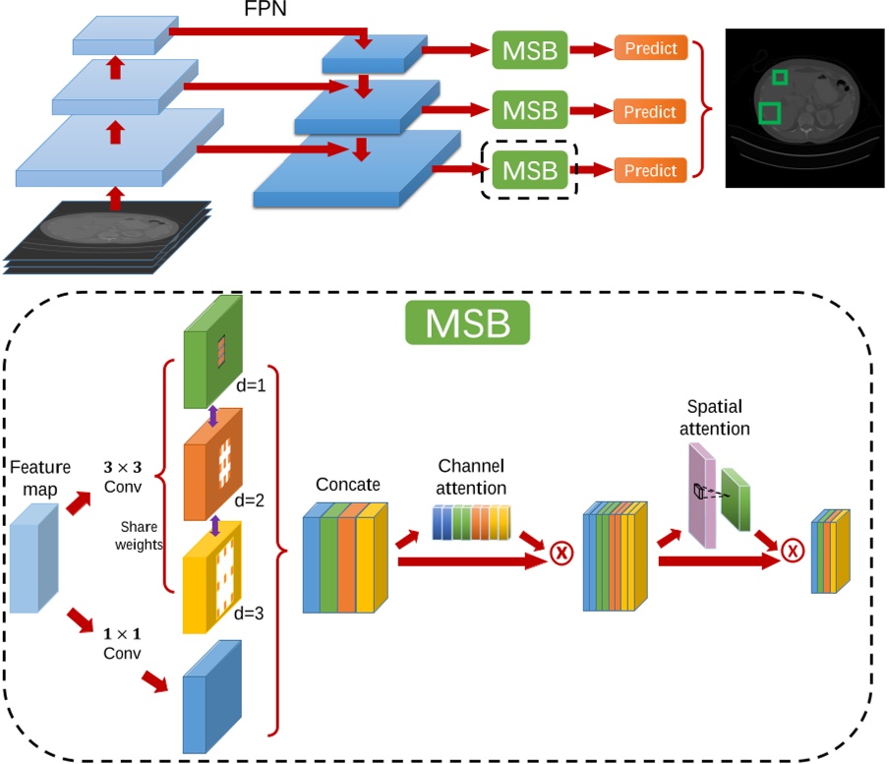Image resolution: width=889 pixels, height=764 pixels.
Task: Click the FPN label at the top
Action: click(x=265, y=8)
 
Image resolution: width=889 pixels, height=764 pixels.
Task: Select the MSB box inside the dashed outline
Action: click(x=529, y=170)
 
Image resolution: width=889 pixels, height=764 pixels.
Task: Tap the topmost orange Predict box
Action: click(x=651, y=48)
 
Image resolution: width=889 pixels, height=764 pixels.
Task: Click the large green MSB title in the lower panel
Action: click(x=468, y=323)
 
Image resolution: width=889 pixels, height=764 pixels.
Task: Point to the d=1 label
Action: click(x=251, y=385)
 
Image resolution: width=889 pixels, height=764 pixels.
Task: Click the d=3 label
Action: click(x=249, y=614)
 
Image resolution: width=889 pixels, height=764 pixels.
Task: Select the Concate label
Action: click(x=347, y=485)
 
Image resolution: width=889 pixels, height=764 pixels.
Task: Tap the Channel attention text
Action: click(x=471, y=477)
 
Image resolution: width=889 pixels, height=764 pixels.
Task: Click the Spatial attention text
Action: click(x=714, y=417)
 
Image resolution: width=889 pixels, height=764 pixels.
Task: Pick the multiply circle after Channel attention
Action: click(x=562, y=552)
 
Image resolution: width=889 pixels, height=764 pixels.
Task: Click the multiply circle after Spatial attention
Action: click(x=792, y=551)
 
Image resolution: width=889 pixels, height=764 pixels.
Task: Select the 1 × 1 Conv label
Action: click(x=122, y=643)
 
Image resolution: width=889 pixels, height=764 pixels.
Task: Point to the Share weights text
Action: click(x=139, y=536)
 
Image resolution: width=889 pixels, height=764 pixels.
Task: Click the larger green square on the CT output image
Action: click(x=769, y=113)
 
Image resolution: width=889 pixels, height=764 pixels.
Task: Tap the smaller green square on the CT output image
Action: click(x=780, y=77)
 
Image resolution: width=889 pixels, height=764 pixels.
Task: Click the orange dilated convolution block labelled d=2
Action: click(x=212, y=464)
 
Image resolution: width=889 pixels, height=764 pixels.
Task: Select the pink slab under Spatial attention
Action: click(x=702, y=496)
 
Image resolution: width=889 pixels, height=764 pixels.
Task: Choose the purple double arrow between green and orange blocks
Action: click(x=212, y=416)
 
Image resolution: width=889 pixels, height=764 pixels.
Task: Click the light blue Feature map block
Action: click(x=34, y=558)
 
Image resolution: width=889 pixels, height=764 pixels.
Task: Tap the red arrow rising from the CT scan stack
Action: click(x=116, y=199)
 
